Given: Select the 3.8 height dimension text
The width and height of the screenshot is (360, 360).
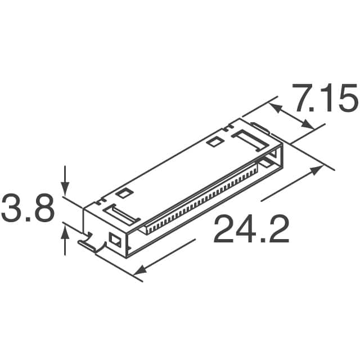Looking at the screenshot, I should (x=28, y=209).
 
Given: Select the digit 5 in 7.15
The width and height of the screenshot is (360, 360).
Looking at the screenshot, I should (x=345, y=100).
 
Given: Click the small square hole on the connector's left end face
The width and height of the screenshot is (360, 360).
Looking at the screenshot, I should (x=116, y=240).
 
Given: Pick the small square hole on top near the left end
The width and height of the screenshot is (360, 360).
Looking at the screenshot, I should (x=124, y=194).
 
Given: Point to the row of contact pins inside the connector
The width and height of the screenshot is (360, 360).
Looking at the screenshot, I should (x=202, y=197).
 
